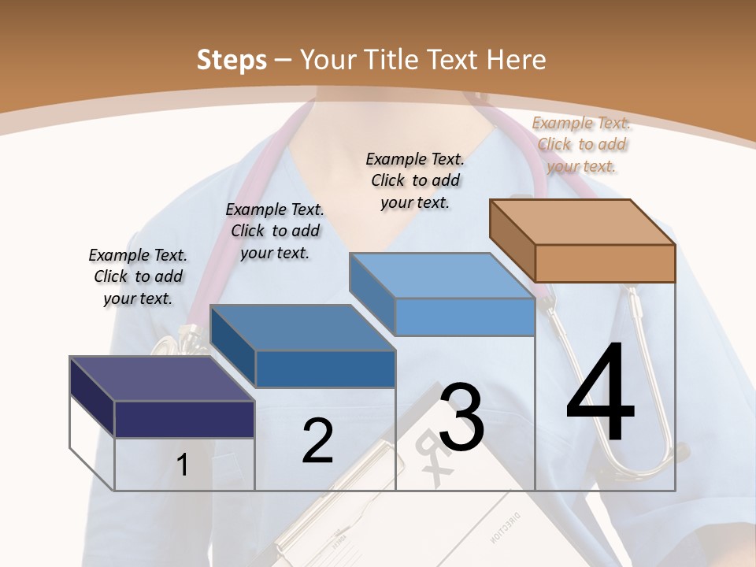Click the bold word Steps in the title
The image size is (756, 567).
click(232, 60)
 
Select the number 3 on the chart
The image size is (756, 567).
click(461, 417)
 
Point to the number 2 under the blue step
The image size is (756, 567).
click(317, 441)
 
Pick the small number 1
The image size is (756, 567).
click(183, 465)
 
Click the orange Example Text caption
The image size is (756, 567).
click(581, 144)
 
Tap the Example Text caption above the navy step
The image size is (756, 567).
click(138, 276)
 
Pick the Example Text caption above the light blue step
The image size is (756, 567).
click(415, 180)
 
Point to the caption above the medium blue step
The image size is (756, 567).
click(275, 231)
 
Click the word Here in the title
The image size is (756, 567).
click(516, 60)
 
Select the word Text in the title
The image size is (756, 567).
click(454, 60)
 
